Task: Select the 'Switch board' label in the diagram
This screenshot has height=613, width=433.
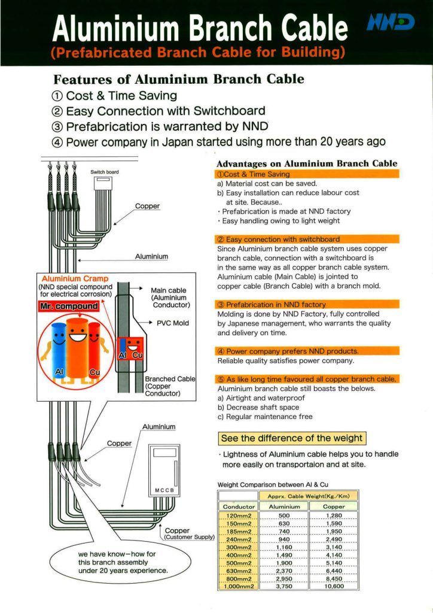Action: [105, 172]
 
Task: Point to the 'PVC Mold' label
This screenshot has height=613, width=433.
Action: [173, 323]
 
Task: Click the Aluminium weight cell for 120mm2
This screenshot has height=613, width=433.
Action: [283, 517]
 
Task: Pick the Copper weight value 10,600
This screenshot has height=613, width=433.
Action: [334, 587]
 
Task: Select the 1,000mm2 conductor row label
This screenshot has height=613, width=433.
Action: [237, 587]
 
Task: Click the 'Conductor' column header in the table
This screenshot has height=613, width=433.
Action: [237, 506]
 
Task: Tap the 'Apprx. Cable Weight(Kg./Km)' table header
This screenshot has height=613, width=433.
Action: [309, 496]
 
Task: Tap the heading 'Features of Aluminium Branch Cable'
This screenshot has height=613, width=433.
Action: [179, 79]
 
